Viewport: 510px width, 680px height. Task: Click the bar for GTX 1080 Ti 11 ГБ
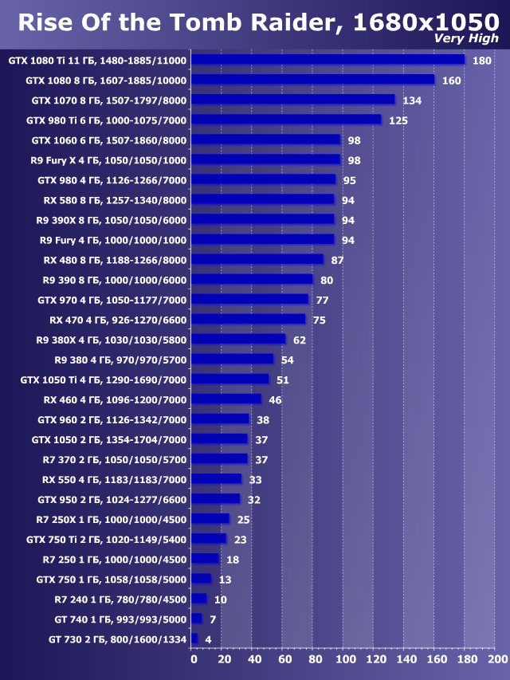[328, 60]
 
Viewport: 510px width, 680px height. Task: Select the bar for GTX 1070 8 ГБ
[293, 100]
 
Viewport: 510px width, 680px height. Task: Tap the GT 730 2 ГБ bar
[194, 639]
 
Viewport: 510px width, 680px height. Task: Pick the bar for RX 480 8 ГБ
[258, 259]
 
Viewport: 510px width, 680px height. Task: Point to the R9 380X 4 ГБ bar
[239, 339]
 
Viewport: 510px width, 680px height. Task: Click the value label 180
[481, 61]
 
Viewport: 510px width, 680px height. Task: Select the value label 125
[398, 120]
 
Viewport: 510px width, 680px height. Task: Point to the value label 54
[287, 360]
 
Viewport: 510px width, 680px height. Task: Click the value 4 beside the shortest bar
[208, 639]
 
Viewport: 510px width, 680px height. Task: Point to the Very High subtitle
[467, 38]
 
